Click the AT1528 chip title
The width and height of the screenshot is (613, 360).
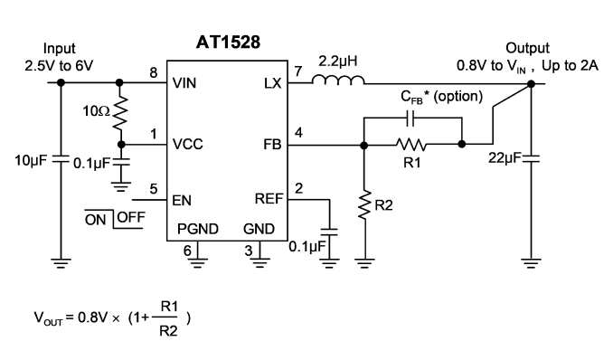228,42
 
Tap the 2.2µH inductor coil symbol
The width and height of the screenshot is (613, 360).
338,80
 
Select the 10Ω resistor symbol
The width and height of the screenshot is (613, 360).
120,113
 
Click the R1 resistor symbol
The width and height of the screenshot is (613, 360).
410,145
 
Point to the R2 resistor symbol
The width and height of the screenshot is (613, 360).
364,205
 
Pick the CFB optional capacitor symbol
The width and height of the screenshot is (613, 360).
410,118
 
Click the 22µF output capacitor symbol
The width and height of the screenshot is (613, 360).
531,158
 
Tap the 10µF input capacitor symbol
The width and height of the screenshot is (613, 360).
61,159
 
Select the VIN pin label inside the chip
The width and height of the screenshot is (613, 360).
184,83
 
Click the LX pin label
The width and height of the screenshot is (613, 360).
272,83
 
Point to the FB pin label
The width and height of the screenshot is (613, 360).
272,145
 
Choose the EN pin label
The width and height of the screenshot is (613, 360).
182,201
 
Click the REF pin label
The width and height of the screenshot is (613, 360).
269,199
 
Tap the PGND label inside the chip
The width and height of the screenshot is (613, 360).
198,229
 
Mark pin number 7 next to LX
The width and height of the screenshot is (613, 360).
298,71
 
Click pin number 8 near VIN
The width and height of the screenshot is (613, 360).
154,72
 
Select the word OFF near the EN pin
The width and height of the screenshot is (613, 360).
131,217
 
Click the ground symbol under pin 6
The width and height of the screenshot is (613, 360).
198,262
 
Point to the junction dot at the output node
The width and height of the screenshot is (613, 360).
531,84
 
